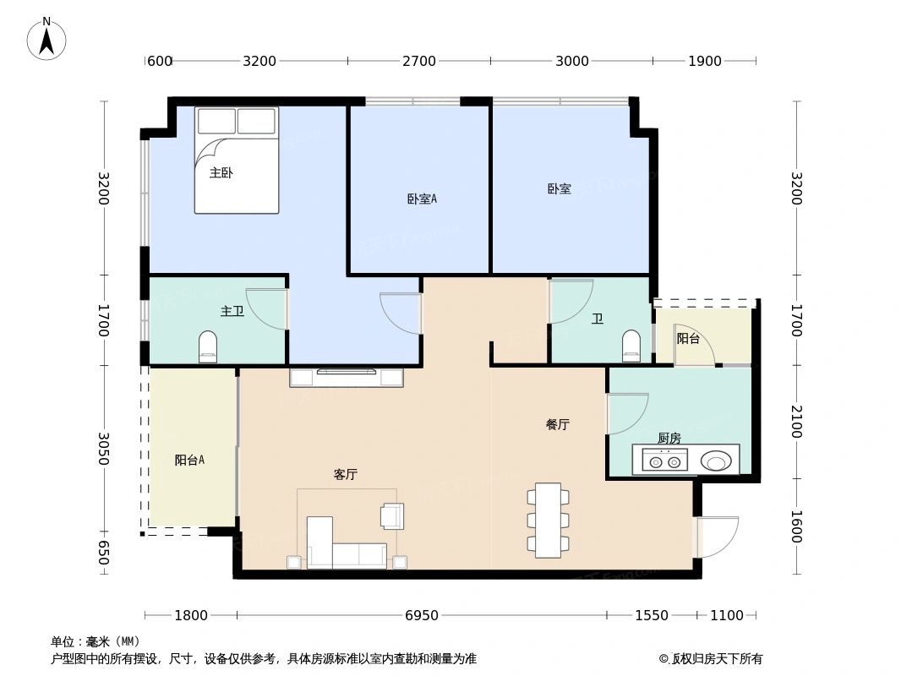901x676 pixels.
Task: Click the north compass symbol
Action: click(x=46, y=39)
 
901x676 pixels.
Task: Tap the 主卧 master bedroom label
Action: click(x=221, y=173)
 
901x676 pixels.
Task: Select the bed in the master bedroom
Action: click(x=237, y=161)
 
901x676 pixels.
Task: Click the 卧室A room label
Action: click(x=421, y=199)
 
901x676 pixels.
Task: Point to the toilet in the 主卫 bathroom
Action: click(x=208, y=346)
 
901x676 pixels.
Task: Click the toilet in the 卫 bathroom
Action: click(x=631, y=346)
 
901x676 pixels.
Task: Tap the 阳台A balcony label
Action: click(x=189, y=461)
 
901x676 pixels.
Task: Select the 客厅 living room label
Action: click(x=345, y=475)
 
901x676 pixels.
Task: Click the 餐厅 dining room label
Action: click(x=557, y=425)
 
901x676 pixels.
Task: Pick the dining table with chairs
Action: click(x=548, y=520)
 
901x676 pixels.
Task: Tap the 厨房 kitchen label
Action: click(x=669, y=438)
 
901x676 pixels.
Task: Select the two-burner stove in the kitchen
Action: click(x=664, y=461)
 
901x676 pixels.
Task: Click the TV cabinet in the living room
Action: click(x=347, y=377)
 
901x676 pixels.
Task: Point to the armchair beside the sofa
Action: click(x=392, y=515)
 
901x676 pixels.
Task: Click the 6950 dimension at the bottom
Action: click(x=421, y=615)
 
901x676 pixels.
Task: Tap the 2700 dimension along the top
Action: click(x=418, y=61)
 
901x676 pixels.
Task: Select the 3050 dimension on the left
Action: click(x=103, y=449)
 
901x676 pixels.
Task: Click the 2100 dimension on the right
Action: click(x=795, y=420)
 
